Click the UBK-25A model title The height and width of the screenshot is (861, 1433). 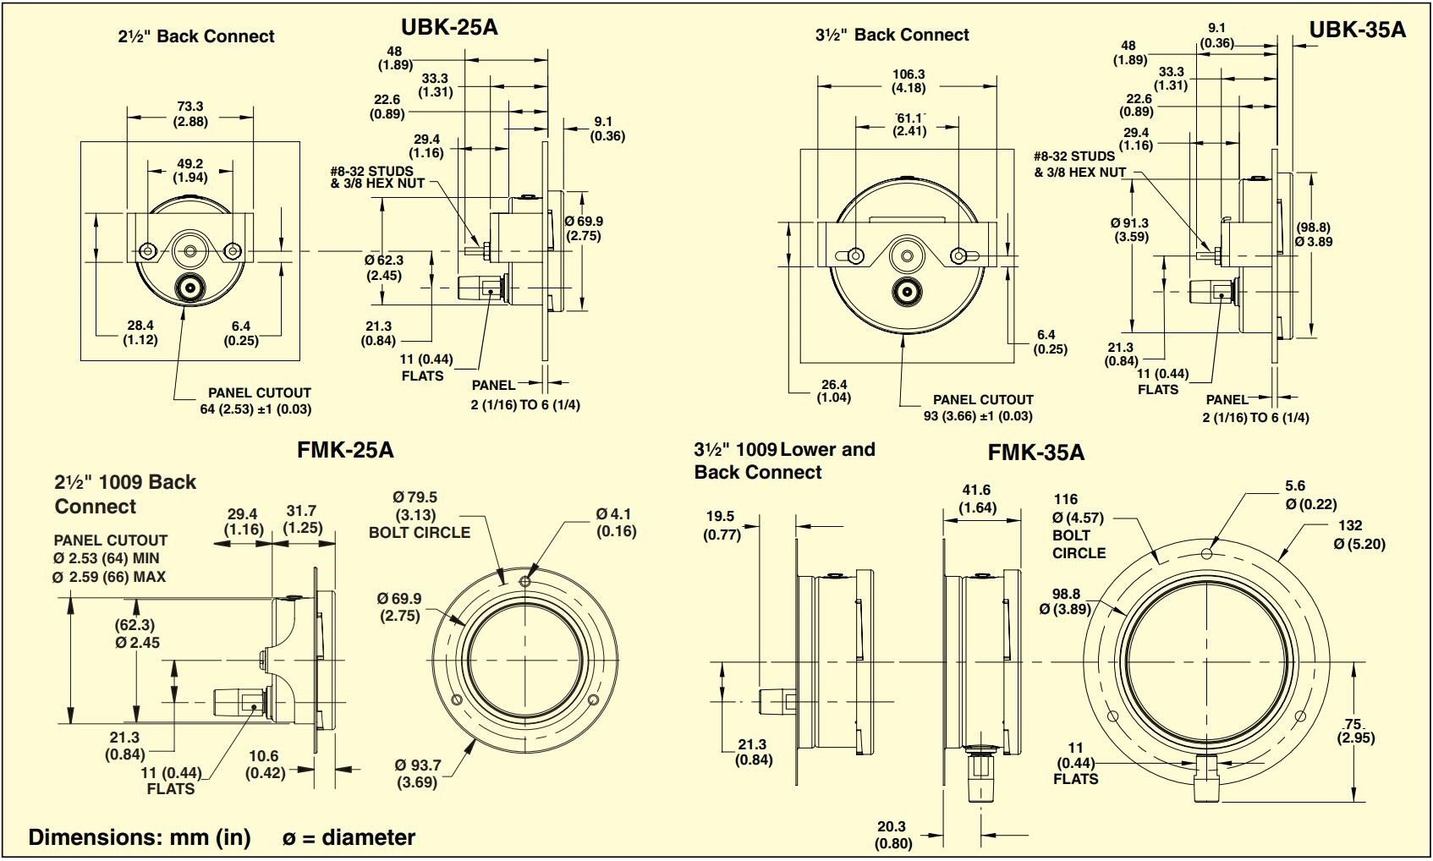(449, 27)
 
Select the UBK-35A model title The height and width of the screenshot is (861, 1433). (1357, 30)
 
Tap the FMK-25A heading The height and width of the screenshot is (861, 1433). (345, 449)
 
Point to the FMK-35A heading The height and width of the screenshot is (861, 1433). (1035, 452)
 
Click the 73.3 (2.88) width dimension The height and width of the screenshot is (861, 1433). (190, 113)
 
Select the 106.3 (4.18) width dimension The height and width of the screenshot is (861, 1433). (909, 80)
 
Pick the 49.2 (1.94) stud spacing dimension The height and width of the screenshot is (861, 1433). (189, 170)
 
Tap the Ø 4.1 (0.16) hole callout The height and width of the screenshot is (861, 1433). (615, 522)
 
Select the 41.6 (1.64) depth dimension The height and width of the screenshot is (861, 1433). (976, 498)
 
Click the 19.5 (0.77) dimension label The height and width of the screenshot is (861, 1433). (721, 524)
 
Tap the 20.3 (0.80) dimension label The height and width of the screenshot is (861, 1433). (893, 834)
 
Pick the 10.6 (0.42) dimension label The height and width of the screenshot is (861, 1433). (264, 764)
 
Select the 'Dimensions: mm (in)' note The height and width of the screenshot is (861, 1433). (140, 837)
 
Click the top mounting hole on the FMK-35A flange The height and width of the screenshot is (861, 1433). (1206, 553)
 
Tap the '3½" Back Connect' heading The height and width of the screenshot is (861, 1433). (892, 35)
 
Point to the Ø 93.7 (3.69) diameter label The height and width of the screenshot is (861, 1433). (418, 773)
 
